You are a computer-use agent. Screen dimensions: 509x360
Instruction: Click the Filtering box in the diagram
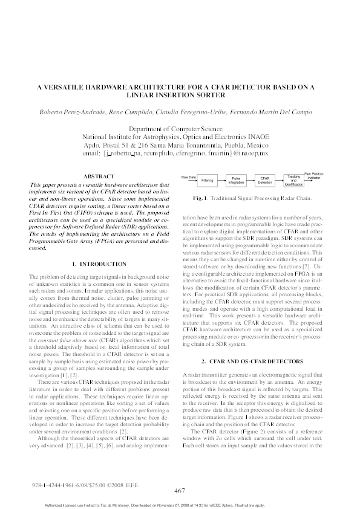tap(207, 181)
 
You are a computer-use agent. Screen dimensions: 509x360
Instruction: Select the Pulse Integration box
tap(235, 181)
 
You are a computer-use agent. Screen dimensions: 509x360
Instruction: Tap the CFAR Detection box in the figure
tap(264, 181)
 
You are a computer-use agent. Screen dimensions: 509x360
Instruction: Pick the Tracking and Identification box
tap(293, 180)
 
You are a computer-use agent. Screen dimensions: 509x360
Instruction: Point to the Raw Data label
tap(189, 177)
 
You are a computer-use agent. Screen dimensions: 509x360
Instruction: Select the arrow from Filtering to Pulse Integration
tap(221, 181)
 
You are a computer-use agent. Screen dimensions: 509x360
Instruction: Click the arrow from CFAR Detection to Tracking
tap(279, 180)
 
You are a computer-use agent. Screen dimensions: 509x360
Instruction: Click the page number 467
tap(179, 491)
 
